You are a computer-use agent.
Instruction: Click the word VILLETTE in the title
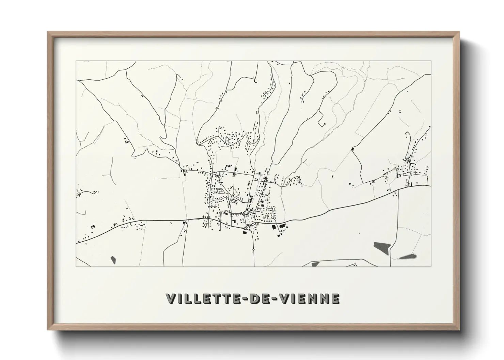pyautogui.click(x=203, y=299)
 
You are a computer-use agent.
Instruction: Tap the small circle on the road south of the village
pyautogui.click(x=253, y=249)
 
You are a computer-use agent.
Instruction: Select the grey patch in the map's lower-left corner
pyautogui.click(x=113, y=260)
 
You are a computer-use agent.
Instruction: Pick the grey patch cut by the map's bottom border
pyautogui.click(x=315, y=264)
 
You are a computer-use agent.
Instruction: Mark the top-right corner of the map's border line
pyautogui.click(x=431, y=61)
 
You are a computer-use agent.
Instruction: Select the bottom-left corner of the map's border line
pyautogui.click(x=76, y=266)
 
